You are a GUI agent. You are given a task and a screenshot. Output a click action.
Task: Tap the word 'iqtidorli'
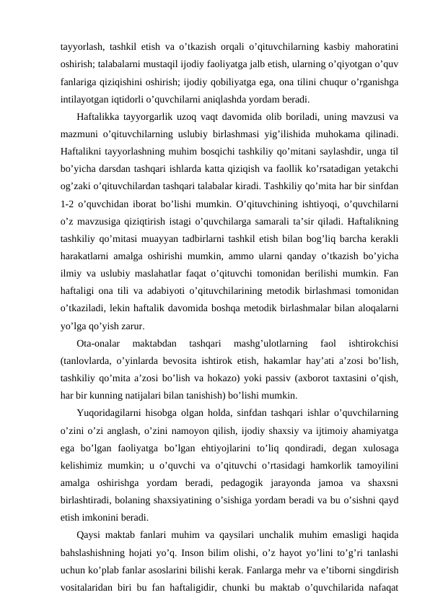[x=128, y=97]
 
